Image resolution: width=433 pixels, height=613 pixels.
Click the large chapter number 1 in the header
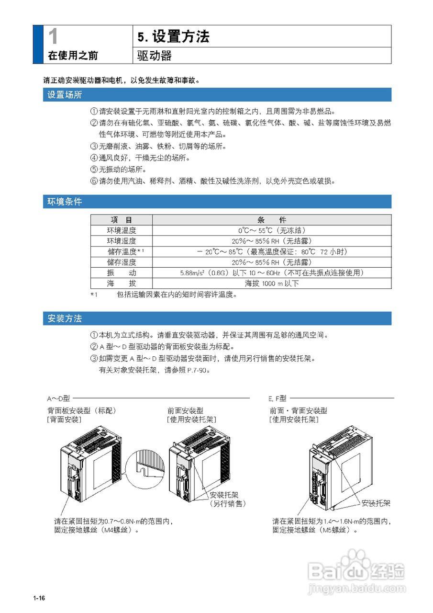point(54,37)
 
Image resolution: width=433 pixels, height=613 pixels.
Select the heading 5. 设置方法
point(173,37)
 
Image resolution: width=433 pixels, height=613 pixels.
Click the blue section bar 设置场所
point(217,95)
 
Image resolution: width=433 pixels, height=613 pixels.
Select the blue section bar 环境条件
point(217,202)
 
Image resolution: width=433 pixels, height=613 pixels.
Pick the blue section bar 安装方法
point(217,318)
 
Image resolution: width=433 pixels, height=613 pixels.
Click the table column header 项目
point(121,220)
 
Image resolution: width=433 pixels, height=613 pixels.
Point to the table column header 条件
point(271,220)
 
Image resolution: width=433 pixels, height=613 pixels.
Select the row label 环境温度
point(121,230)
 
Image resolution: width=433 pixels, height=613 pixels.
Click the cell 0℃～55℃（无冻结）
point(271,230)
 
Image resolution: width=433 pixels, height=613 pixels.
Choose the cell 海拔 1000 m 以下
point(271,284)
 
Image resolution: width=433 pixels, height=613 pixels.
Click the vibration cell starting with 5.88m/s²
point(271,272)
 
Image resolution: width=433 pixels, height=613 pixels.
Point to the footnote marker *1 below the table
point(94,295)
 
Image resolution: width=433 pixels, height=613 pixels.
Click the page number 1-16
point(39,599)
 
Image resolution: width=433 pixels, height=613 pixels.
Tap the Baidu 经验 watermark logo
point(356,570)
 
